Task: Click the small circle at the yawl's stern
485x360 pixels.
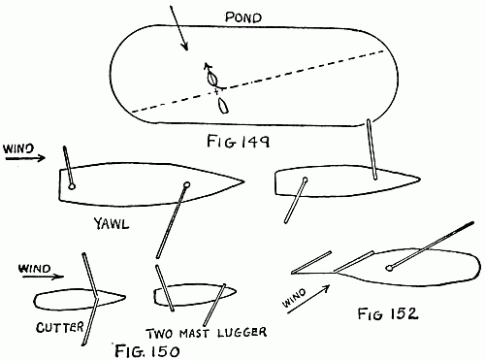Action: click(x=71, y=185)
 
